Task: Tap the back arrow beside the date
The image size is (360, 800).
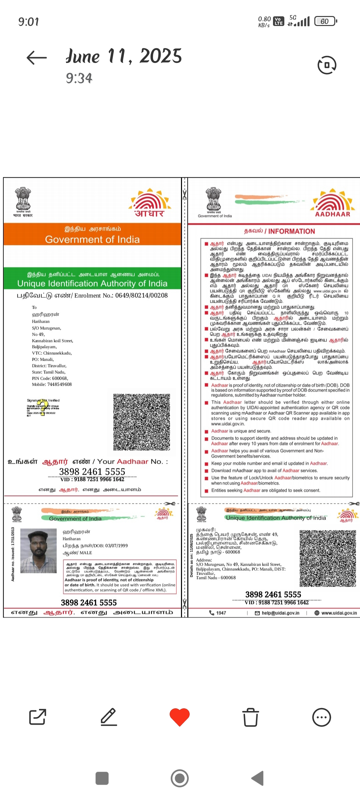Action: pos(37,58)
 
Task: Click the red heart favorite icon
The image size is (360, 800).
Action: pos(180,717)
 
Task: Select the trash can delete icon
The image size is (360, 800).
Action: pos(250,717)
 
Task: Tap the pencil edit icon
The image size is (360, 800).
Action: pos(109,717)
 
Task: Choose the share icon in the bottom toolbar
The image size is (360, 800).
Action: pos(37,717)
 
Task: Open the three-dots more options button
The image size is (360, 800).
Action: pos(322,717)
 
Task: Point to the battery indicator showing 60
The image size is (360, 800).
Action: pos(325,21)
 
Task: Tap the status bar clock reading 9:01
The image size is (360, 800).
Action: pos(29,22)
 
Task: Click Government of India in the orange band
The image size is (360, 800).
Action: pos(92,239)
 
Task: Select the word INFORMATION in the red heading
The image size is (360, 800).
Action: pos(292,231)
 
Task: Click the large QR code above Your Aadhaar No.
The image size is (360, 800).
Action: pos(142,422)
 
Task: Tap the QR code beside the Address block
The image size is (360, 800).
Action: pos(328,558)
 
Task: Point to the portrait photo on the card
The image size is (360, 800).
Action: pos(38,551)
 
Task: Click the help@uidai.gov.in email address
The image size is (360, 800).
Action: pos(280,613)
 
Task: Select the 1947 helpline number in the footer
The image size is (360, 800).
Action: pos(221,613)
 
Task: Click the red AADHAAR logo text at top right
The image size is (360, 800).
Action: pos(333,214)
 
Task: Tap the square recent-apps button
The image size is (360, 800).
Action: pos(102,778)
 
